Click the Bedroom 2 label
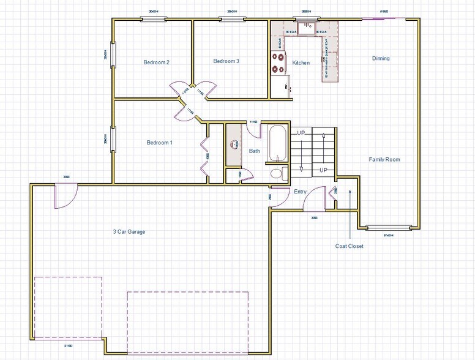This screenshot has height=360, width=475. click(x=156, y=62)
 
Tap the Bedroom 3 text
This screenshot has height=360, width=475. click(x=226, y=61)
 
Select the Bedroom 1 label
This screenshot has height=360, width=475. click(x=159, y=143)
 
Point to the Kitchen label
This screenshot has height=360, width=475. click(x=301, y=63)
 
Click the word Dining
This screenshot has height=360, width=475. click(x=381, y=59)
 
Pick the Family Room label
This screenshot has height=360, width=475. click(x=384, y=159)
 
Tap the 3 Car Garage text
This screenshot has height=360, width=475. click(x=129, y=231)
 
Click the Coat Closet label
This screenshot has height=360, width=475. click(x=349, y=246)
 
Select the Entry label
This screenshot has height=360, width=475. click(x=300, y=192)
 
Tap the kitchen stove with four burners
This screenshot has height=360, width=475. click(x=279, y=61)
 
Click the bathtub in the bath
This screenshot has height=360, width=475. click(x=276, y=143)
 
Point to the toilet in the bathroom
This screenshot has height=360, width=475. click(x=277, y=174)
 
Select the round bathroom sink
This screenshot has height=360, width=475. click(x=234, y=145)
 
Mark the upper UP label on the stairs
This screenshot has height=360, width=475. click(x=301, y=132)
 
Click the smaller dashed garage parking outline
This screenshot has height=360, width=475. click(x=68, y=307)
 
